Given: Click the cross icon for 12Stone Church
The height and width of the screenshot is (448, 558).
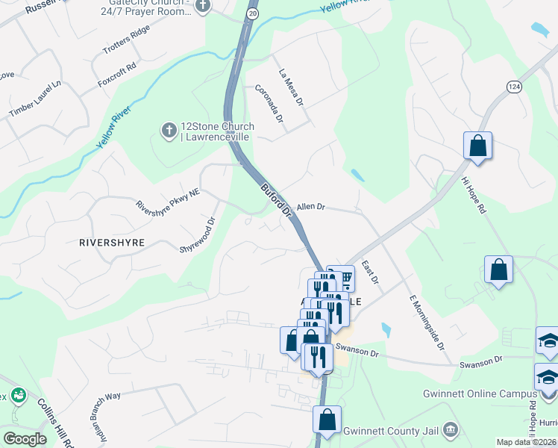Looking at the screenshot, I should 169,131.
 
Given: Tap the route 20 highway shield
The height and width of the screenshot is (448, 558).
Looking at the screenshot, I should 253,13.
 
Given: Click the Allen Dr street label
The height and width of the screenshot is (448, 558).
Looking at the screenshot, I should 311,207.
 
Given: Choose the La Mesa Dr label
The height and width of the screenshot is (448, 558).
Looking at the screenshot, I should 292,87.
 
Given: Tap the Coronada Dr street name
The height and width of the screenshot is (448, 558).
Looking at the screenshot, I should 269,104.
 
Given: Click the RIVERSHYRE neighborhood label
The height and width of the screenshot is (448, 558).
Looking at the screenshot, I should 112,243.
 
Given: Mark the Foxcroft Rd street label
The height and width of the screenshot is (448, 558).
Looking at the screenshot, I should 117,75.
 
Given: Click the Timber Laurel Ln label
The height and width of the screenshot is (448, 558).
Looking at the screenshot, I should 35,99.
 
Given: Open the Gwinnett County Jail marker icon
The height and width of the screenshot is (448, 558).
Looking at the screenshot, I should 450,430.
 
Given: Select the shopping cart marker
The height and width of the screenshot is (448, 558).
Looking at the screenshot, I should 344,279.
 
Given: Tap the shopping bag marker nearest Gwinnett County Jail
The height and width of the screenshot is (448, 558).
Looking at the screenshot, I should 327,420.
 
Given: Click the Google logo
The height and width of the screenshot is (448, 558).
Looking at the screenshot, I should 25,439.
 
